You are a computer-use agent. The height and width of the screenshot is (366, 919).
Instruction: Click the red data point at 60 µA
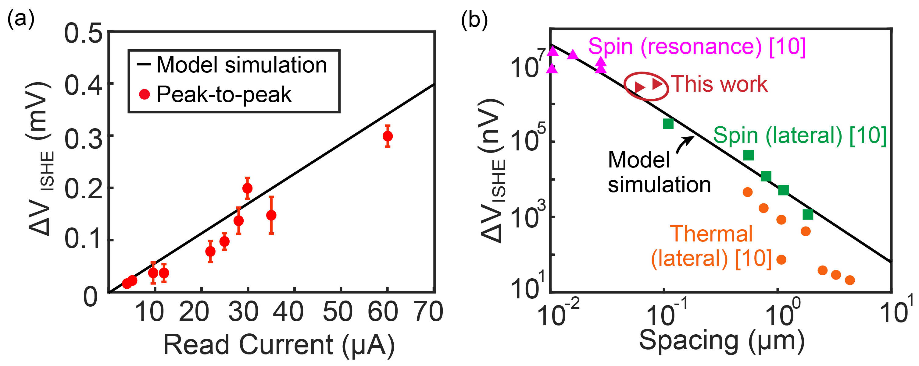pyautogui.click(x=388, y=136)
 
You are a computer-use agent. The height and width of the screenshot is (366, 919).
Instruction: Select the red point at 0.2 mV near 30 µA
pyautogui.click(x=247, y=188)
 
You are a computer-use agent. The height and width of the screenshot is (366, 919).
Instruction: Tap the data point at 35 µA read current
pyautogui.click(x=271, y=215)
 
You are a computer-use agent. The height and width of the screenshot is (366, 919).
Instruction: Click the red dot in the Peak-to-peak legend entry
pyautogui.click(x=145, y=94)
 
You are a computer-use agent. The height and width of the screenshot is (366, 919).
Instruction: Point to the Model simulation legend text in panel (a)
pyautogui.click(x=241, y=65)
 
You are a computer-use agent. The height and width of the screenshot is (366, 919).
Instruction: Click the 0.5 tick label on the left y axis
pyautogui.click(x=84, y=34)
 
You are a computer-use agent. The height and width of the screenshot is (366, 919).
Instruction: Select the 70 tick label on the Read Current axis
pyautogui.click(x=429, y=311)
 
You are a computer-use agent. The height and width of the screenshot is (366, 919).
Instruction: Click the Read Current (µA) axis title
pyautogui.click(x=279, y=345)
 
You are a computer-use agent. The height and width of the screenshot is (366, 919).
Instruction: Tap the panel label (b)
pyautogui.click(x=474, y=19)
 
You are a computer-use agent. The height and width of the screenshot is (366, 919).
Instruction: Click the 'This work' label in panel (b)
pyautogui.click(x=719, y=84)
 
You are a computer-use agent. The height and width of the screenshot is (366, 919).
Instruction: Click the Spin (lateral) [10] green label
pyautogui.click(x=799, y=136)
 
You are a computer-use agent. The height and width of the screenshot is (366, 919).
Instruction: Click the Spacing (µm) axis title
pyautogui.click(x=721, y=341)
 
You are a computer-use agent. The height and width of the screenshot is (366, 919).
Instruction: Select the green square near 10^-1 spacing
pyautogui.click(x=668, y=124)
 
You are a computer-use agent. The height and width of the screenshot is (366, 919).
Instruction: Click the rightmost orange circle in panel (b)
pyautogui.click(x=850, y=280)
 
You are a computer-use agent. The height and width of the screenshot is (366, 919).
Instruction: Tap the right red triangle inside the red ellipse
pyautogui.click(x=657, y=84)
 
